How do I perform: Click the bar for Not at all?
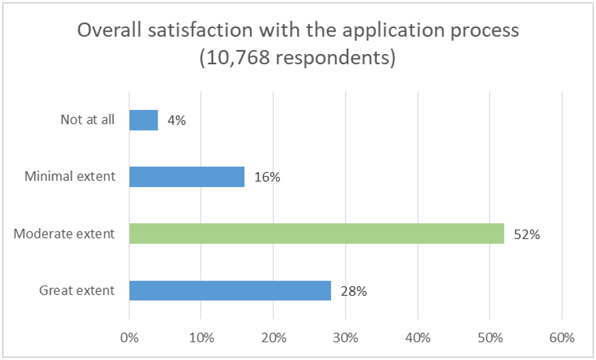[143, 120]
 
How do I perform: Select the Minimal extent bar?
[186, 177]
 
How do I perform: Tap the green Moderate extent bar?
[316, 234]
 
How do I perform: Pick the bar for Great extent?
[230, 291]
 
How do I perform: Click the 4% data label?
[176, 120]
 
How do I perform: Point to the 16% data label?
[266, 177]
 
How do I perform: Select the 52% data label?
[526, 234]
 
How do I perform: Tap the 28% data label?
[353, 291]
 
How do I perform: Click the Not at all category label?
[87, 120]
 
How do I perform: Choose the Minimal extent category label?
[70, 177]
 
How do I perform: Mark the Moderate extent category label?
[64, 234]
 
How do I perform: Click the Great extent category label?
[76, 291]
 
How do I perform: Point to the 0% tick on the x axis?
[129, 337]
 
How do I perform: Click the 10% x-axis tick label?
[201, 337]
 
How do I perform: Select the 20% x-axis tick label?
[273, 337]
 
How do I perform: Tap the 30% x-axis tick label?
[345, 337]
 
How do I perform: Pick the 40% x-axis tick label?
[417, 337]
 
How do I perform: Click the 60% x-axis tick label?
[561, 337]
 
